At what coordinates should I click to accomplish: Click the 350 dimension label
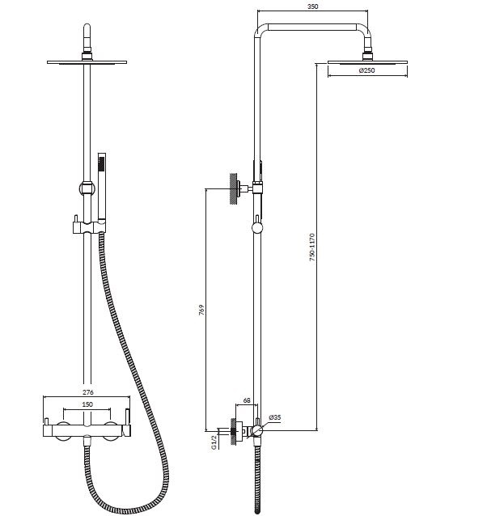coord(312,6)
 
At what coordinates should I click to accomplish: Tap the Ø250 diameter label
coord(367,70)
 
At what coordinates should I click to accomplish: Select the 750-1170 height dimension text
coord(312,247)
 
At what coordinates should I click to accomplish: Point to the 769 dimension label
coord(201,310)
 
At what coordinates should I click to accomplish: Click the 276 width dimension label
coord(88,392)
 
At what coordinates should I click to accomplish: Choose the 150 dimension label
coord(87,404)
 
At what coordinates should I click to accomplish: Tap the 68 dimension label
coord(247,400)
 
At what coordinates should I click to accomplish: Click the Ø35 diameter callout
coord(275,417)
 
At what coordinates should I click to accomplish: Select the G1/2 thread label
coord(214,442)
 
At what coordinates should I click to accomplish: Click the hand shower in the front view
coord(102,188)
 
